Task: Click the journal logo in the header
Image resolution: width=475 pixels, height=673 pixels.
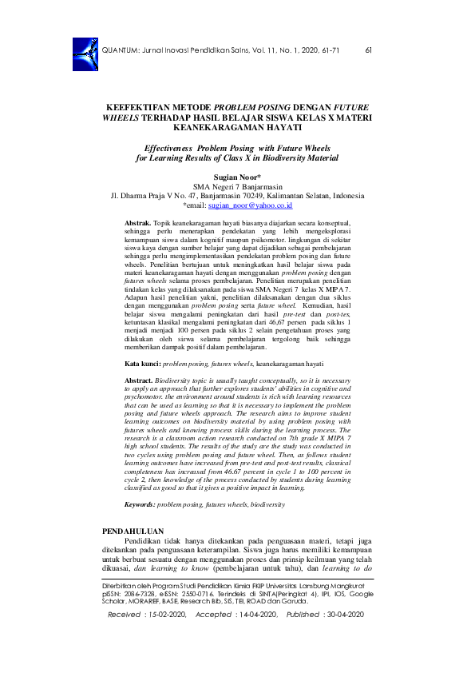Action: pyautogui.click(x=83, y=50)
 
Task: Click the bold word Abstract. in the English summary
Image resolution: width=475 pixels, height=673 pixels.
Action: pyautogui.click(x=139, y=381)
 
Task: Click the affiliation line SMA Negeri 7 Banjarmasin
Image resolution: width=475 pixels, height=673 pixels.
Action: pyautogui.click(x=237, y=185)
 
